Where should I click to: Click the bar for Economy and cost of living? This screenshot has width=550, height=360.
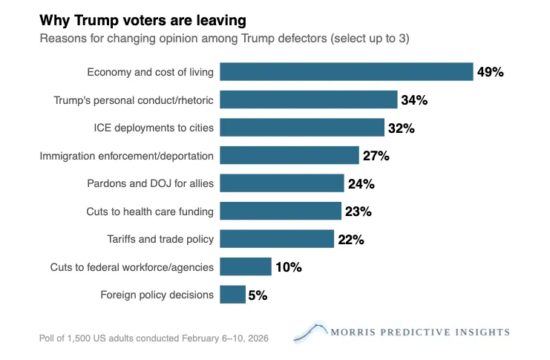(347, 72)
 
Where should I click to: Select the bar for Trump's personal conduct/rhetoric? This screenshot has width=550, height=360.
(309, 100)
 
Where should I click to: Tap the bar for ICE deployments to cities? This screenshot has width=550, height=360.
(302, 128)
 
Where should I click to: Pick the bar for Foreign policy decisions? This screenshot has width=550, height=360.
(233, 295)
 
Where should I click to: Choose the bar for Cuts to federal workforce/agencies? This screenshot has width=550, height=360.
(246, 267)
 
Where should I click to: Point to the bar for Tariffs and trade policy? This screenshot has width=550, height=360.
(277, 239)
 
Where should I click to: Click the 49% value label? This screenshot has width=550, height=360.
(490, 72)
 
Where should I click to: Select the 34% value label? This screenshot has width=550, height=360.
(414, 100)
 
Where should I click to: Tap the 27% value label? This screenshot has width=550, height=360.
(376, 156)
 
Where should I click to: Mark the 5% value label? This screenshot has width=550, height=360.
(258, 295)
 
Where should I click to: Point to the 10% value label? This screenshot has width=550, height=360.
(288, 267)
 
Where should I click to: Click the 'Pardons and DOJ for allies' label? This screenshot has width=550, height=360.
(150, 183)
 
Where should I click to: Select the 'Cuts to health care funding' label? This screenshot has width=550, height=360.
(150, 212)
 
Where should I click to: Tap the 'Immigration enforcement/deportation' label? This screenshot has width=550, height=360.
(127, 156)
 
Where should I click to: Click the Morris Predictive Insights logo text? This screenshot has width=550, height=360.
(420, 332)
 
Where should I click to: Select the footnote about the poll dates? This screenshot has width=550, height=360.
(154, 338)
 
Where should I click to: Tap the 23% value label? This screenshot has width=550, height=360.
(358, 212)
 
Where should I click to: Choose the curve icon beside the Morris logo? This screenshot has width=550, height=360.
(310, 332)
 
